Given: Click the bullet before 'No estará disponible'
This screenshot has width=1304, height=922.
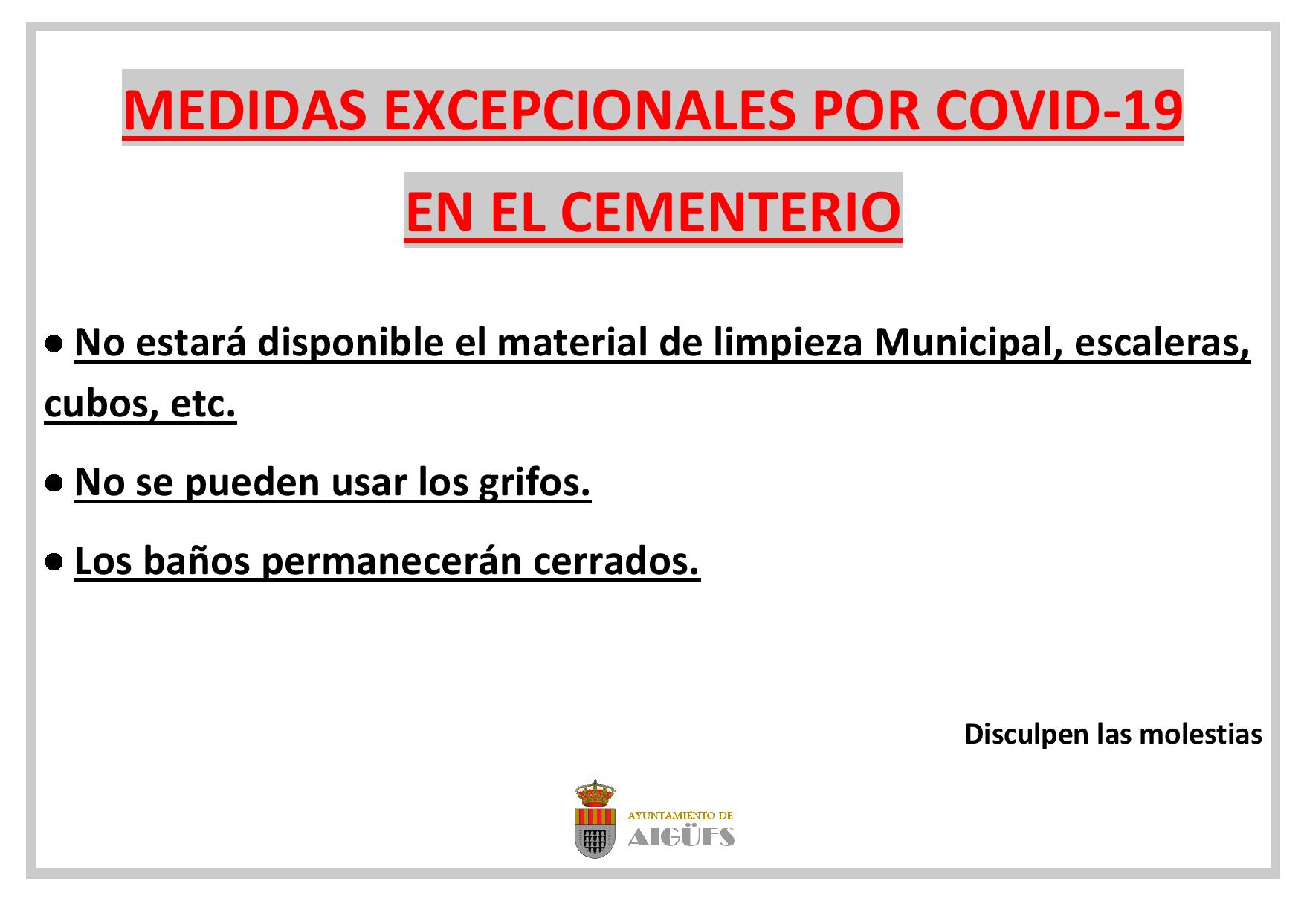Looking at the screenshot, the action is point(53,344).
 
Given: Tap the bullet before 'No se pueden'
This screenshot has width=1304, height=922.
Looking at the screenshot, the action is point(53,484).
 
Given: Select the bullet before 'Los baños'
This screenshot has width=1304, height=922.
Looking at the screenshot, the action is point(53,563).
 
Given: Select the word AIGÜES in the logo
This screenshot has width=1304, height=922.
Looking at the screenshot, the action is point(682,836).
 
